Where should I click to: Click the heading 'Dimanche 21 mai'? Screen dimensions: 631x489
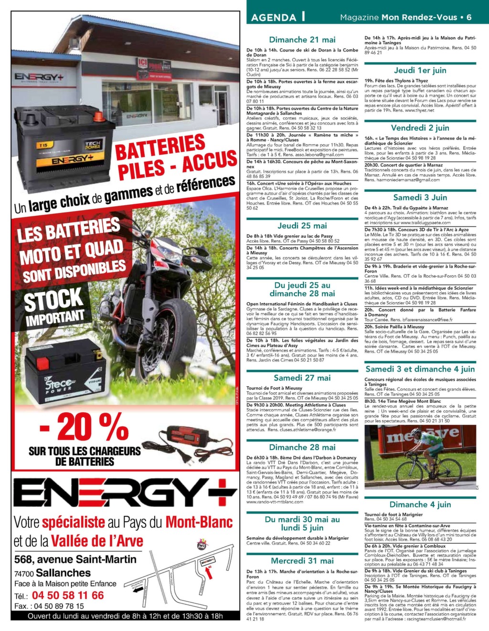302,40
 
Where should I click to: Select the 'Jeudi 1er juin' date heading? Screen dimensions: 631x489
420,71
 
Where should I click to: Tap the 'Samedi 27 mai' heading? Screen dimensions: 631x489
302,378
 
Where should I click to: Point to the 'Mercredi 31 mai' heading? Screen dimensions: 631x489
302,561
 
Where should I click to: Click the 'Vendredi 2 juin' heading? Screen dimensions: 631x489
420,128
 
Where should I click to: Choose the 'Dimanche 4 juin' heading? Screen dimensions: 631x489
420,505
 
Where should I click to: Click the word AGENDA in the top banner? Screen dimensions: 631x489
273,18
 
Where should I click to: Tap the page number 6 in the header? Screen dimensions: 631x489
469,17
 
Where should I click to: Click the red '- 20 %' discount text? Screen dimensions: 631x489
84,428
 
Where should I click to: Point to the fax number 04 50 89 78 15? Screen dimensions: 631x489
57,606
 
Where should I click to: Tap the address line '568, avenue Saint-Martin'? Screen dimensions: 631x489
75,559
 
